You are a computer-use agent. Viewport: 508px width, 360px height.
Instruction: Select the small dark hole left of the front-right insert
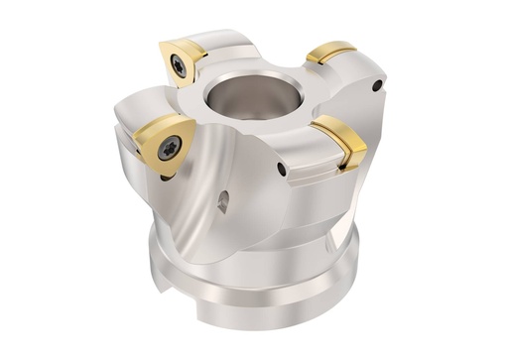(283, 170)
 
